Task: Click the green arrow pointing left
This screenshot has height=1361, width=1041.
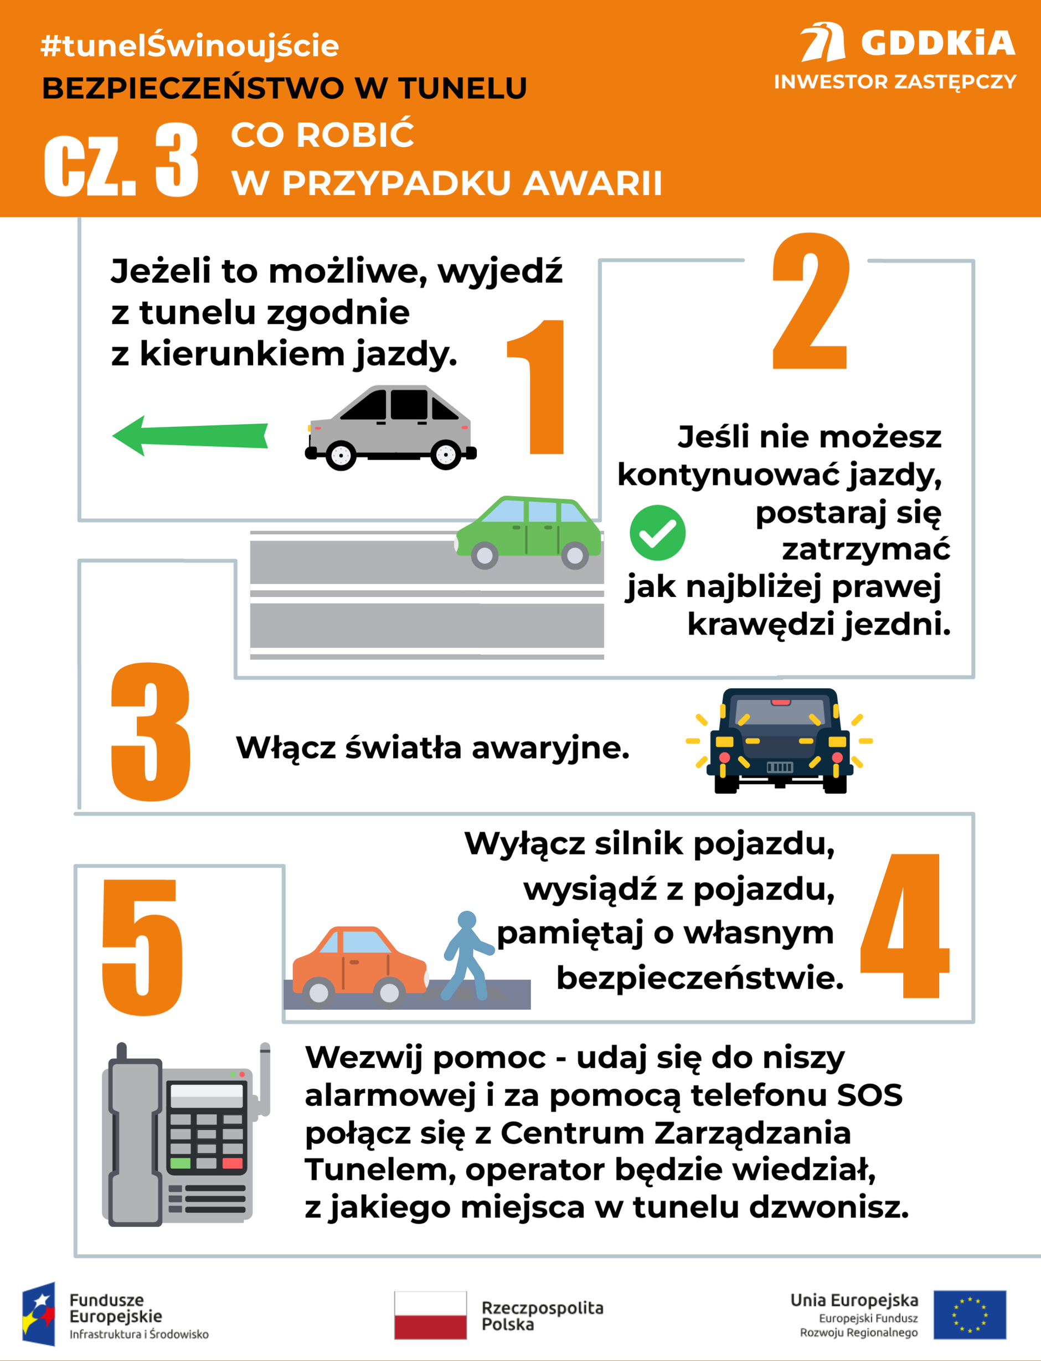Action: pyautogui.click(x=189, y=436)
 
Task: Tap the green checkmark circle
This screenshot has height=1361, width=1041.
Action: pyautogui.click(x=657, y=533)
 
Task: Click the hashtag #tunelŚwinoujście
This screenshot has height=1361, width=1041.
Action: pyautogui.click(x=189, y=46)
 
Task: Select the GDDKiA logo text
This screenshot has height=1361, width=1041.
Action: pyautogui.click(x=937, y=43)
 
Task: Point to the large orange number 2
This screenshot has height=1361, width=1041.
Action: pyautogui.click(x=811, y=302)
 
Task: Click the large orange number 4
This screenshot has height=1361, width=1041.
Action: pyautogui.click(x=905, y=926)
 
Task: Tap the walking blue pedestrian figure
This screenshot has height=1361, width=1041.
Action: pyautogui.click(x=467, y=955)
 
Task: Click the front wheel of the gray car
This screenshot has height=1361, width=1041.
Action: pyautogui.click(x=341, y=455)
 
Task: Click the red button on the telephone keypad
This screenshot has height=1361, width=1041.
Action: pyautogui.click(x=233, y=1163)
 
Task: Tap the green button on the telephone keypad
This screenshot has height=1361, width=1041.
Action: pyautogui.click(x=181, y=1163)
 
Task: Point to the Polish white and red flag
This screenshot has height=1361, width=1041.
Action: pyautogui.click(x=430, y=1315)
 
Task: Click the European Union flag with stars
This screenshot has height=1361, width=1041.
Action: pyautogui.click(x=969, y=1315)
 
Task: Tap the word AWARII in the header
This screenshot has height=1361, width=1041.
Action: pyautogui.click(x=592, y=183)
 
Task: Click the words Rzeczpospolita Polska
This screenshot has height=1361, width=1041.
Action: pyautogui.click(x=542, y=1316)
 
